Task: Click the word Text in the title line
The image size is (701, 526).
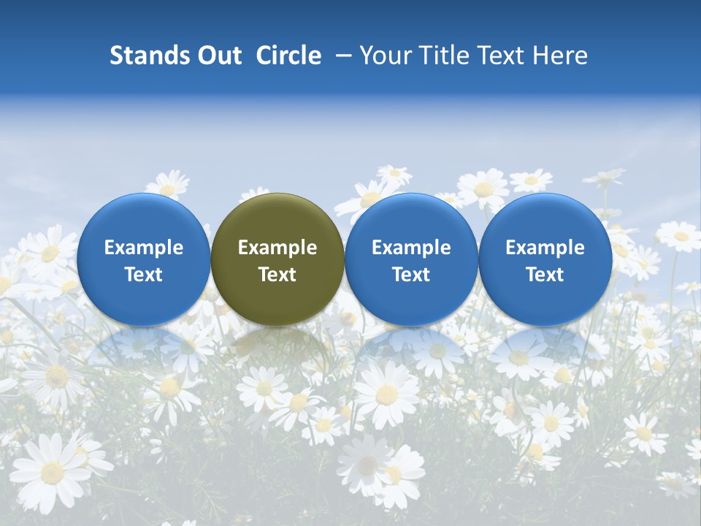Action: (x=497, y=56)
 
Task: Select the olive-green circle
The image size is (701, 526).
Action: (x=277, y=259)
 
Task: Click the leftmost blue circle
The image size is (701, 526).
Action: (x=144, y=259)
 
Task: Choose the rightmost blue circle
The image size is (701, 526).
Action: (x=545, y=259)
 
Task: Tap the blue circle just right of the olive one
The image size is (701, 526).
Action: (x=411, y=259)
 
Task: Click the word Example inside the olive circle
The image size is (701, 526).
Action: (x=277, y=248)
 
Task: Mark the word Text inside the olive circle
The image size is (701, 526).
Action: (x=277, y=275)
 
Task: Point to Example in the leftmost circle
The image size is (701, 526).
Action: (x=144, y=248)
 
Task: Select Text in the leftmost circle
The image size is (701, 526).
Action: (x=144, y=275)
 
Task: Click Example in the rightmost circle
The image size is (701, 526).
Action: (x=545, y=248)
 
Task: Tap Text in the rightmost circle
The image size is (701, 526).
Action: (x=545, y=275)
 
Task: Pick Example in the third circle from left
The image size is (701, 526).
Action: (x=411, y=248)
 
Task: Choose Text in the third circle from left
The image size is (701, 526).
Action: (x=411, y=275)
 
